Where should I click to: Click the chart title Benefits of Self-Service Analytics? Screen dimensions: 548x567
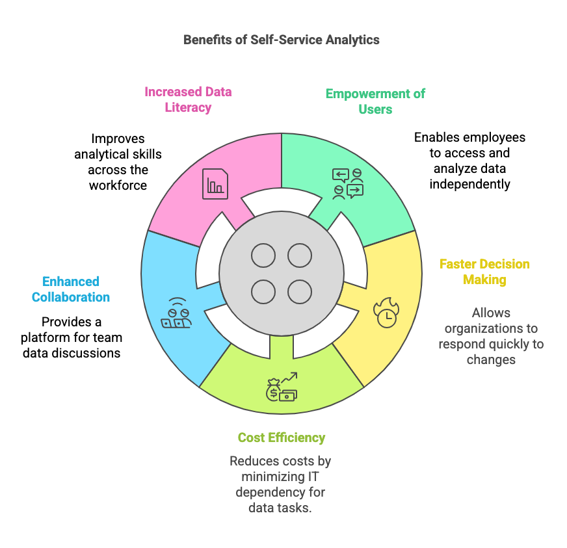[x=281, y=40]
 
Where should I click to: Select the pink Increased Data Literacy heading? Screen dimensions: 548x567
[x=188, y=99]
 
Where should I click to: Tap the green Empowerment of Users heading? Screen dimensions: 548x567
[x=375, y=101]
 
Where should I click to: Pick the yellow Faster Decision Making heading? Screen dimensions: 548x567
[x=484, y=272]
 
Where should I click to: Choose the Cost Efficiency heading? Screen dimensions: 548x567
[x=281, y=437]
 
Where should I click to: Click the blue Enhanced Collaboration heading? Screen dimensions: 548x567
[x=71, y=289]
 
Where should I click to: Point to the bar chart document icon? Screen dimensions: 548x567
[x=215, y=184]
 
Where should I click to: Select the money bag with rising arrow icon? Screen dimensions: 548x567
[x=281, y=387]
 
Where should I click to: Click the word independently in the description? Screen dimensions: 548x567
[x=469, y=184]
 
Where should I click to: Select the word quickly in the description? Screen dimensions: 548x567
[x=511, y=344]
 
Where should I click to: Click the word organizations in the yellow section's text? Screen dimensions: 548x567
[x=491, y=328]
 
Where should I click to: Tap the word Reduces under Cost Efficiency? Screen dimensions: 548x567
[x=252, y=461]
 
